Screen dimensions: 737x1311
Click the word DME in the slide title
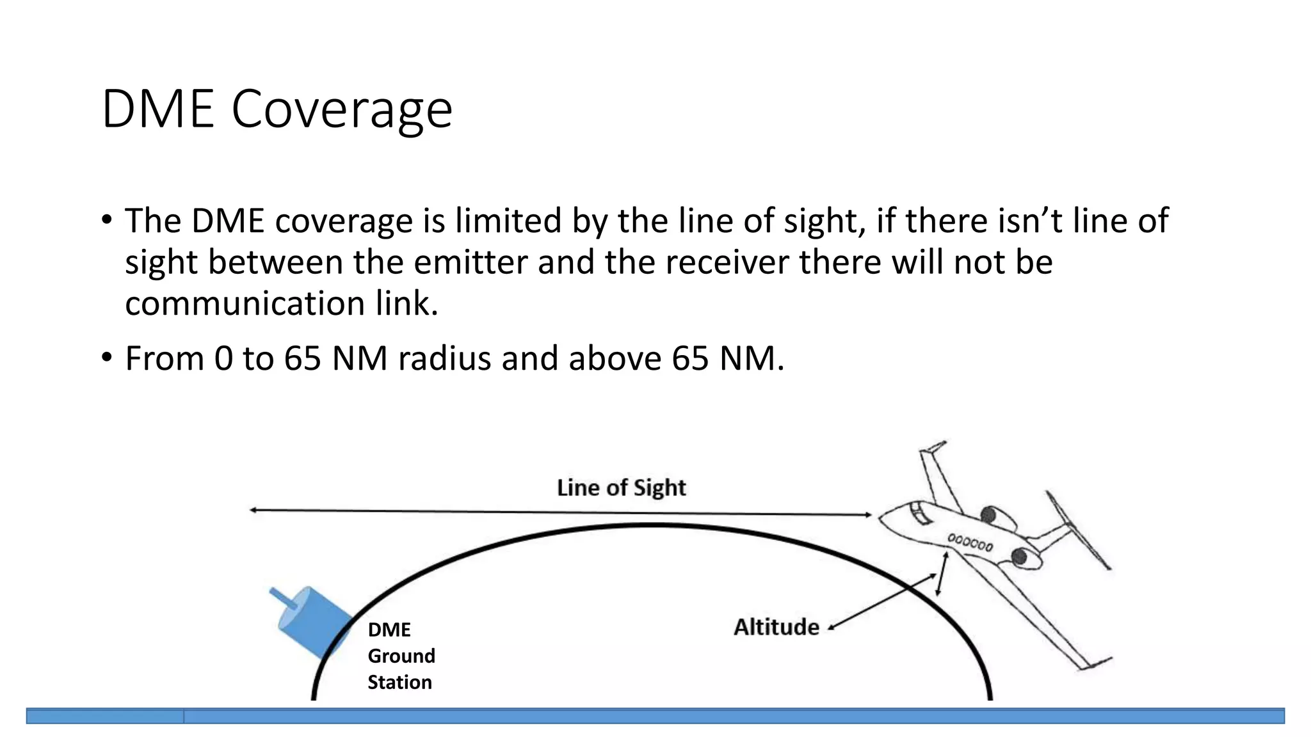point(157,109)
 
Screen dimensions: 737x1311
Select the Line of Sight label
point(621,488)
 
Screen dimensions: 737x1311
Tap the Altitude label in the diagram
point(776,627)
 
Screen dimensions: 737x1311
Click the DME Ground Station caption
point(401,656)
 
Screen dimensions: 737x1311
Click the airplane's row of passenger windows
point(970,543)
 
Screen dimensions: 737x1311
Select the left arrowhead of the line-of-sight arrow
point(253,510)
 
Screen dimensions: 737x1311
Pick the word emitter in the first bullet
point(470,262)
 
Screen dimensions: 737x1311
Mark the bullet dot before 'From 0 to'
point(106,357)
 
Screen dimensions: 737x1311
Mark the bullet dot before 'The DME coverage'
point(106,220)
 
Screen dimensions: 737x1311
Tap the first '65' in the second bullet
point(302,358)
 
